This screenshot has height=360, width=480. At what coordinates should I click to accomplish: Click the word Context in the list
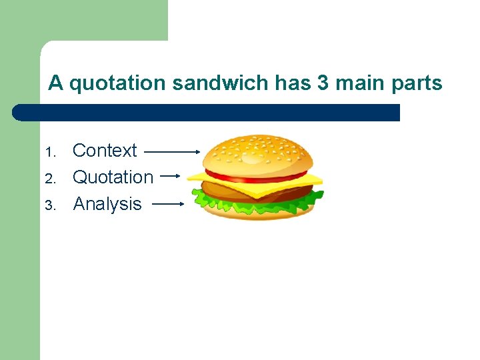pyautogui.click(x=105, y=151)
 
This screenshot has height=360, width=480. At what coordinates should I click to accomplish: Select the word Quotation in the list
pyautogui.click(x=113, y=177)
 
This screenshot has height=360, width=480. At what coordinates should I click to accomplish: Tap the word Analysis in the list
pyautogui.click(x=107, y=204)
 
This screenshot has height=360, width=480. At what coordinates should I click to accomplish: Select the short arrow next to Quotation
pyautogui.click(x=171, y=176)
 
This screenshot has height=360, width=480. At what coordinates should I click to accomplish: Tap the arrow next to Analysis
pyautogui.click(x=167, y=204)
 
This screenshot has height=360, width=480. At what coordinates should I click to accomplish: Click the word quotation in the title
pyautogui.click(x=117, y=83)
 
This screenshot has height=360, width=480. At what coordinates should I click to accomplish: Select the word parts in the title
pyautogui.click(x=417, y=83)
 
